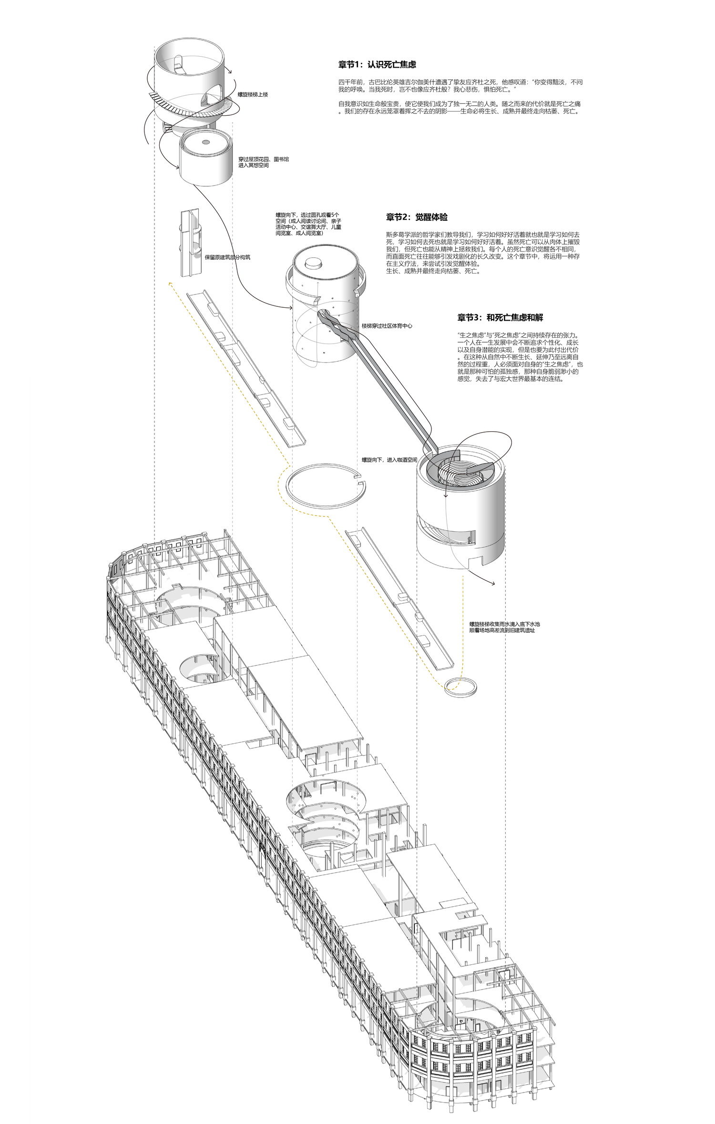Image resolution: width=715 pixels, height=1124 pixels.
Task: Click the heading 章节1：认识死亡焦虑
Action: pyautogui.click(x=377, y=64)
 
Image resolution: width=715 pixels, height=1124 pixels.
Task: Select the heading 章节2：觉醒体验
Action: pyautogui.click(x=417, y=217)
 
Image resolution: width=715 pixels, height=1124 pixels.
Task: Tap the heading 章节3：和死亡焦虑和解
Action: pyautogui.click(x=500, y=318)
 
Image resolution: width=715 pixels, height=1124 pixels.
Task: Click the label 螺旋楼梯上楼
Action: pyautogui.click(x=253, y=95)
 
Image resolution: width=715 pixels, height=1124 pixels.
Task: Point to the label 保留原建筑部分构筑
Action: pyautogui.click(x=227, y=257)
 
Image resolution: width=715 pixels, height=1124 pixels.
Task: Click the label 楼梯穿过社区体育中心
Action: pyautogui.click(x=387, y=326)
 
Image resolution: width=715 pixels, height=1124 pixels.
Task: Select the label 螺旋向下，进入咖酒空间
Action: pyautogui.click(x=389, y=460)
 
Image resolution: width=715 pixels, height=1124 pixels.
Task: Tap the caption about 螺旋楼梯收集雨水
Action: pyautogui.click(x=504, y=627)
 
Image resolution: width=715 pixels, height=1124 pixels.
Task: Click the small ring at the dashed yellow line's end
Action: pyautogui.click(x=460, y=688)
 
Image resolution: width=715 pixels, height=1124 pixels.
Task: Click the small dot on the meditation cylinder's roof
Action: pyautogui.click(x=205, y=142)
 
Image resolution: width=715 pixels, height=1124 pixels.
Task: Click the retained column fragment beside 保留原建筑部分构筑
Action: pyautogui.click(x=190, y=243)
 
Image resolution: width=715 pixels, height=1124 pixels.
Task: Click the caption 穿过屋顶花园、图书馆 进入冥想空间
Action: pyautogui.click(x=263, y=162)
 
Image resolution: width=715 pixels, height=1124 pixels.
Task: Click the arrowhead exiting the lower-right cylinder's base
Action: pyautogui.click(x=493, y=584)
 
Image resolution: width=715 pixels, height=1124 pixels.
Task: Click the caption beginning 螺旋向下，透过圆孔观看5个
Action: pyautogui.click(x=308, y=224)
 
